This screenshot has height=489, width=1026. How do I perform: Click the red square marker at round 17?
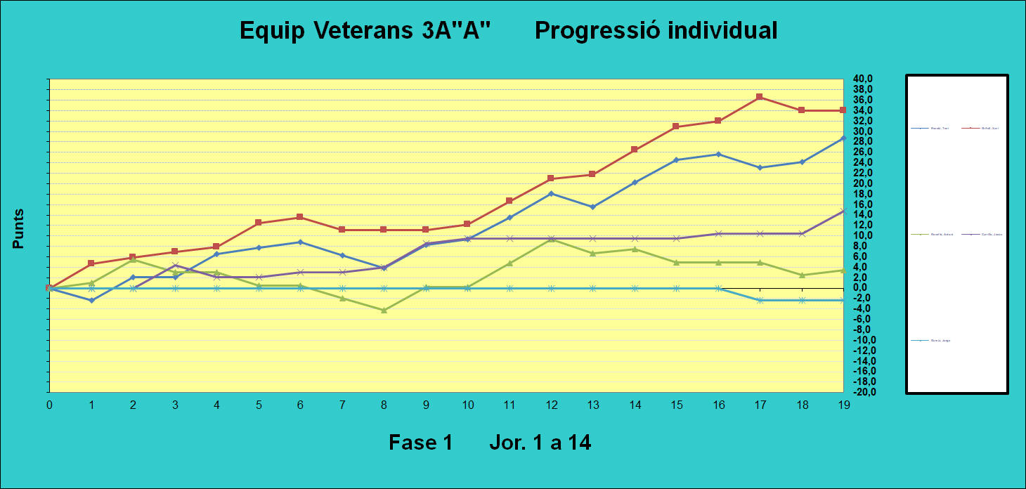pos(760,97)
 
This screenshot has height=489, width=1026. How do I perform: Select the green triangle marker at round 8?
pos(384,310)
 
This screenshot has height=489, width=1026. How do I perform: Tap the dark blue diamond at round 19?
pos(843,138)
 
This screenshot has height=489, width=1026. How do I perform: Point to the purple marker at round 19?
pos(843,211)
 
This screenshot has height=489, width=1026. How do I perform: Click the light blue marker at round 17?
pos(760,300)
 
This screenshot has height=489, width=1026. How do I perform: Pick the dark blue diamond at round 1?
pos(91,300)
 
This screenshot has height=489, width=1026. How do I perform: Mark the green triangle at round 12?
pos(551,239)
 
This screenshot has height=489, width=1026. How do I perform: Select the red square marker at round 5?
pos(259,223)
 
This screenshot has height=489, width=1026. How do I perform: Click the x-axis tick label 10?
pos(467,405)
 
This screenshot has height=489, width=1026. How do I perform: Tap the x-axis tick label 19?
pos(842,405)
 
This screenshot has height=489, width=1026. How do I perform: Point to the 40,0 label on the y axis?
pos(863,79)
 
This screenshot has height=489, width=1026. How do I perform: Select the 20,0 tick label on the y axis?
pos(863,183)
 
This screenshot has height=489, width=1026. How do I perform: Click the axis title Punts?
pos(19,228)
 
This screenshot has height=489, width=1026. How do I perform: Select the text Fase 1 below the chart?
pos(420,443)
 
